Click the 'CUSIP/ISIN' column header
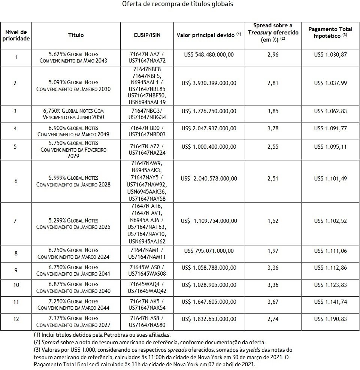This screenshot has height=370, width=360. point(147,35)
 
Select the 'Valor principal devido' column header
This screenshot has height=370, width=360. point(209,35)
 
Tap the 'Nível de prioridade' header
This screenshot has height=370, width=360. point(16,35)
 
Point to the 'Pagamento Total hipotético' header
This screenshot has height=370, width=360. point(330,32)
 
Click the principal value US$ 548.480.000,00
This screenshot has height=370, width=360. point(209,55)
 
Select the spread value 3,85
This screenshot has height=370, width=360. point(273,111)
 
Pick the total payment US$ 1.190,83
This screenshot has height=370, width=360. point(330,319)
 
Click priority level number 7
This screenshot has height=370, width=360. point(15,221)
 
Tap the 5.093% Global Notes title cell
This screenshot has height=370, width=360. point(73,86)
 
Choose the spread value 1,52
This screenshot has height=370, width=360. point(273,221)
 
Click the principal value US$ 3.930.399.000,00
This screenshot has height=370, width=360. point(209,83)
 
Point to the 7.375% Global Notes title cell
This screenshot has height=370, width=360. point(73,322)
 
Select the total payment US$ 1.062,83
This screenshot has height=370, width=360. point(330,111)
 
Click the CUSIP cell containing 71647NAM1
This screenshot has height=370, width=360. point(147,253)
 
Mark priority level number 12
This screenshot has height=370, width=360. point(16,319)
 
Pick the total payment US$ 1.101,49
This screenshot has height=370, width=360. point(330,178)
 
